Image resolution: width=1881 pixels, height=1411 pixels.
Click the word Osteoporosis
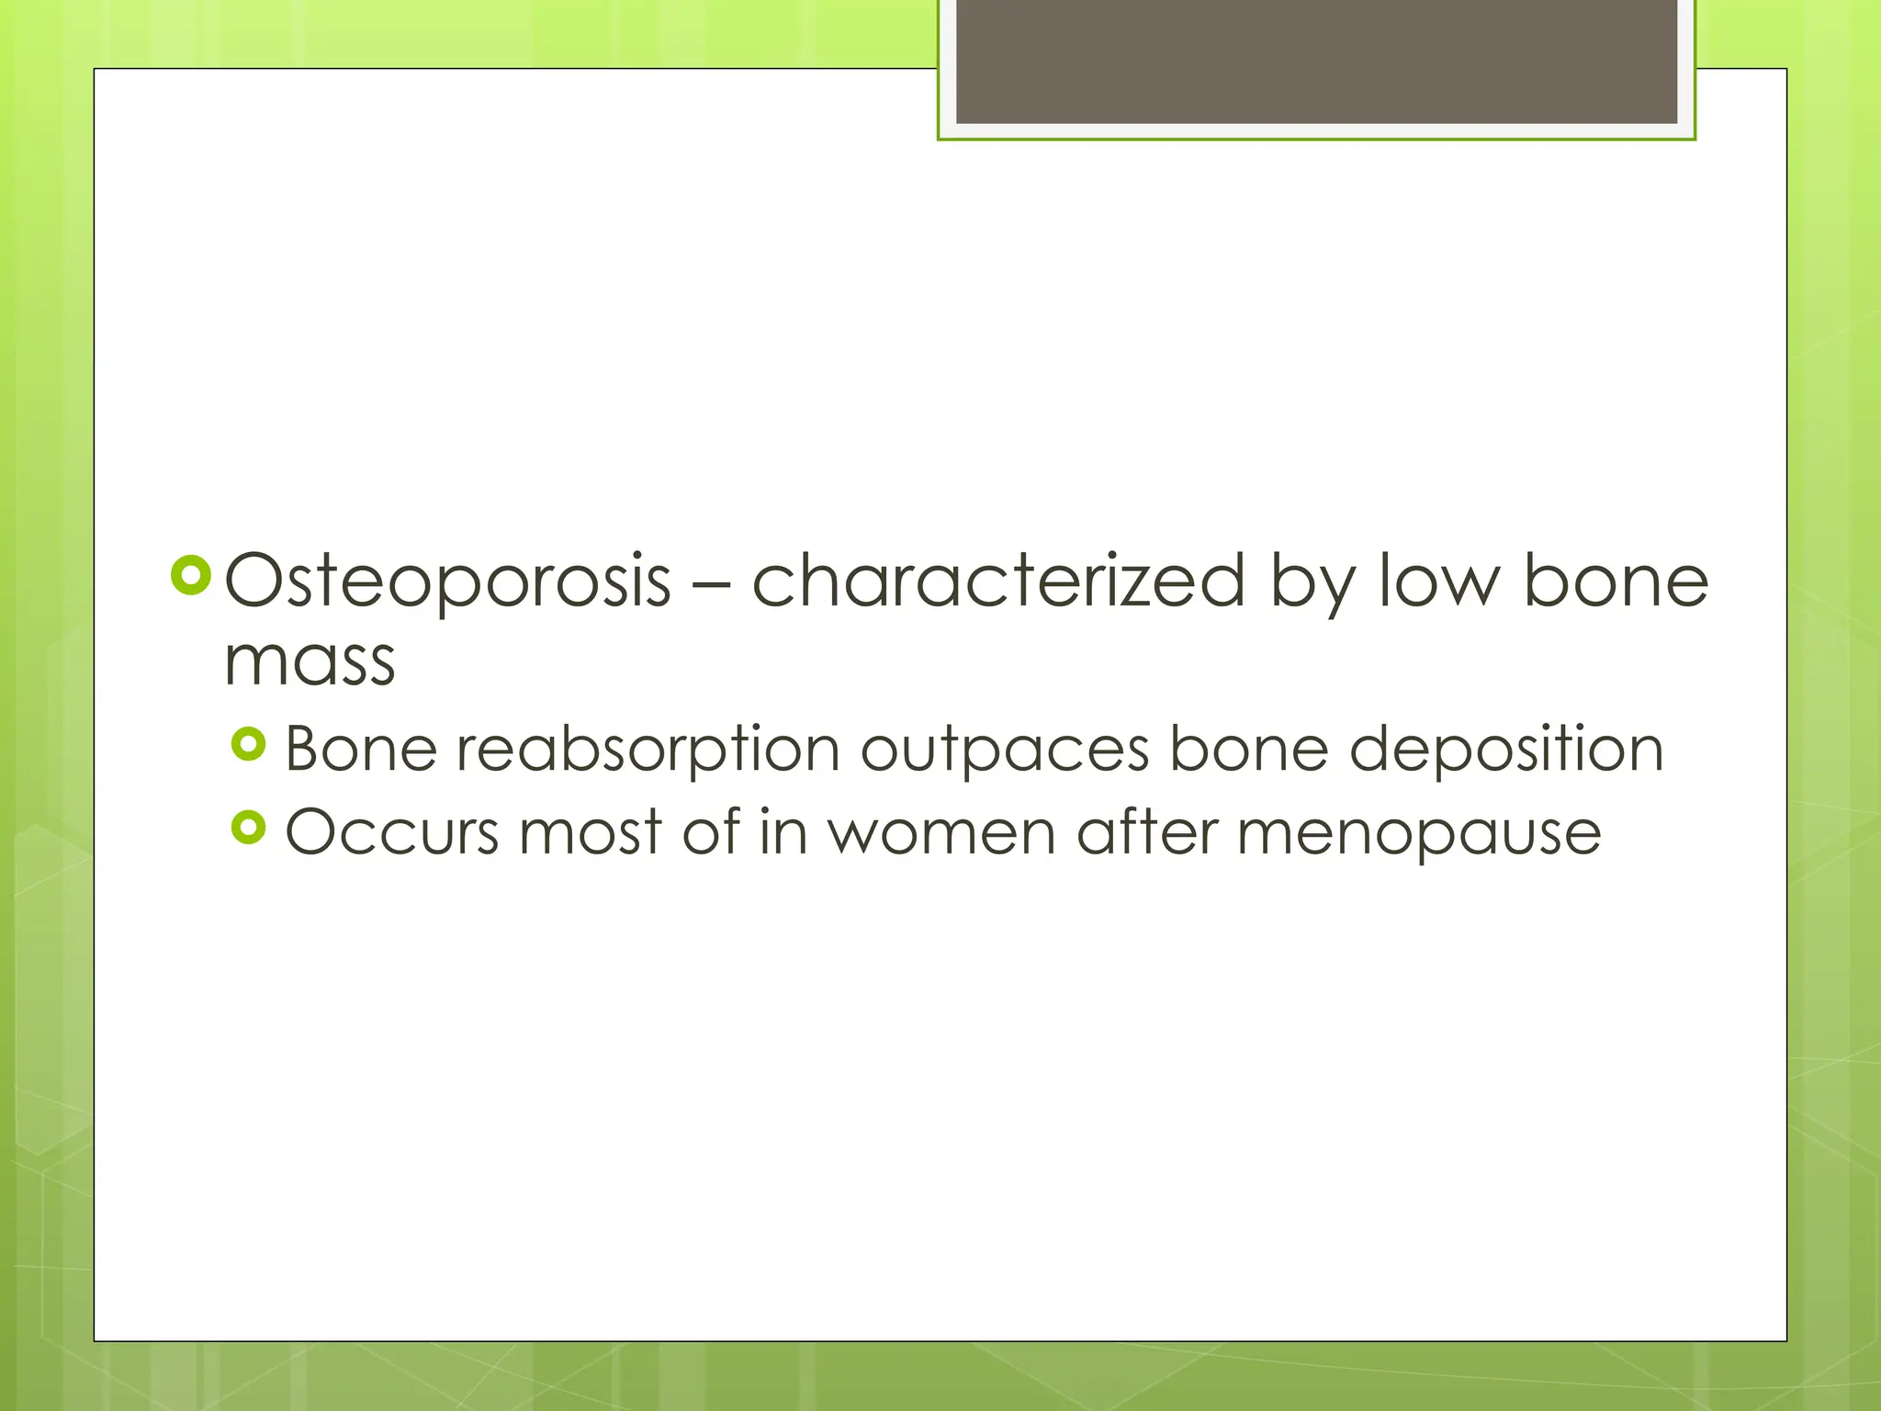click(x=448, y=581)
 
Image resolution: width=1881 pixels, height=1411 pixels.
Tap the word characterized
click(x=998, y=581)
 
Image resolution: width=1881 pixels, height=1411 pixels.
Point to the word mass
click(x=310, y=661)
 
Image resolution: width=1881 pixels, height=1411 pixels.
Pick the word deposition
click(x=1506, y=749)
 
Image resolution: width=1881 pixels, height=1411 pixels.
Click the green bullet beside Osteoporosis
click(x=191, y=576)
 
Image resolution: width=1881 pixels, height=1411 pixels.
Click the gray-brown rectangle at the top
click(x=1316, y=62)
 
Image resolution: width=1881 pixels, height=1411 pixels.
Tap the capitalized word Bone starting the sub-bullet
click(x=361, y=749)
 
